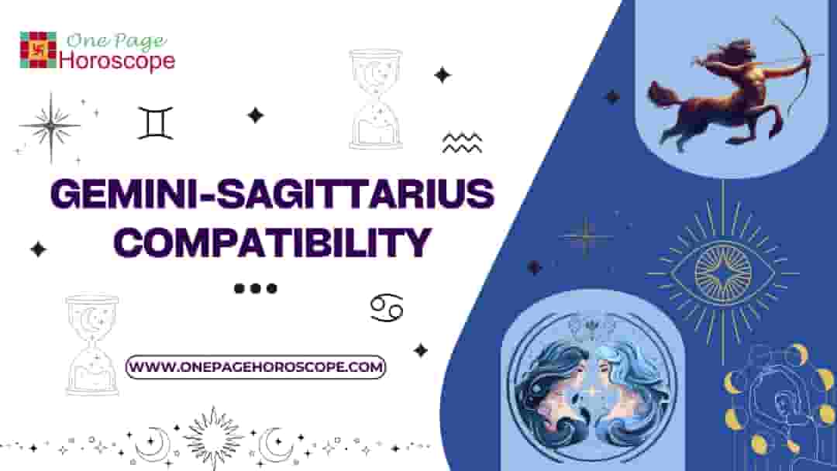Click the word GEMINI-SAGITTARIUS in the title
[x=271, y=194]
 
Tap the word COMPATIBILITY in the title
[x=271, y=242]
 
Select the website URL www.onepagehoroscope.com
[x=256, y=366]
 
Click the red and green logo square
[x=38, y=50]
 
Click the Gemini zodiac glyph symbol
[x=155, y=123]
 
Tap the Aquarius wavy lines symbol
[x=462, y=143]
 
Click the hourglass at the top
[x=376, y=99]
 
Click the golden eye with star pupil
[x=722, y=270]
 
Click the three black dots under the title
[x=255, y=288]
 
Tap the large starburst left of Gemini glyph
[x=50, y=125]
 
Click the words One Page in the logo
[x=116, y=41]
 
